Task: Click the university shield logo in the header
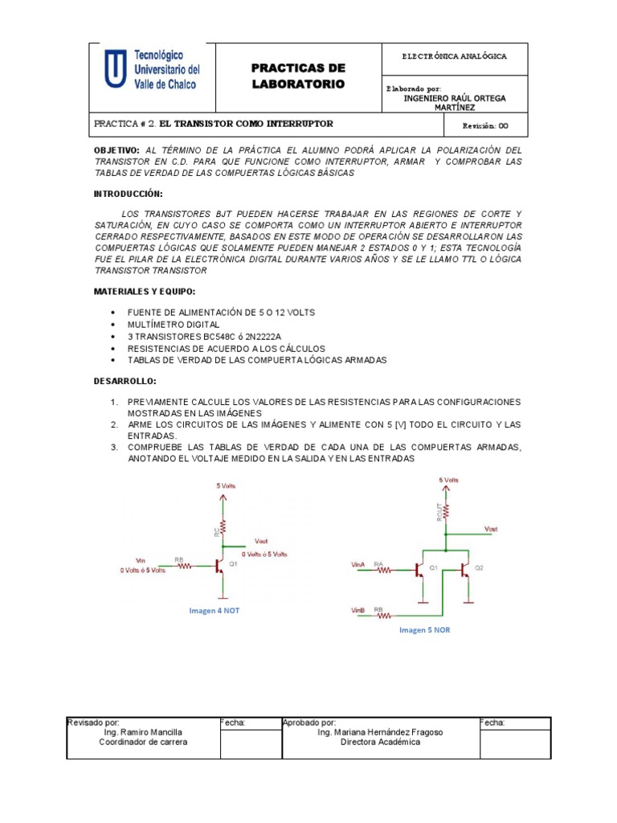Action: [115, 71]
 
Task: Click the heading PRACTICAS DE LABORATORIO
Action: [298, 76]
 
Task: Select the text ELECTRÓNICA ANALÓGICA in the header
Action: [454, 57]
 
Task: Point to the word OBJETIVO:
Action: [117, 150]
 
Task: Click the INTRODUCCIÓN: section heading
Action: [129, 194]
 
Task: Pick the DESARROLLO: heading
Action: [125, 381]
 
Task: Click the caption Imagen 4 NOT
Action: [214, 610]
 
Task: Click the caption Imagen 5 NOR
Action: [425, 630]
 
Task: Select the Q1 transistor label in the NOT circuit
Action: [234, 564]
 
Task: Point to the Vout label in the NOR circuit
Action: [491, 529]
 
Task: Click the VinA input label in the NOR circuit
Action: [358, 565]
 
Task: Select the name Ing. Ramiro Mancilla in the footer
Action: [143, 732]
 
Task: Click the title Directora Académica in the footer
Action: [380, 742]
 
